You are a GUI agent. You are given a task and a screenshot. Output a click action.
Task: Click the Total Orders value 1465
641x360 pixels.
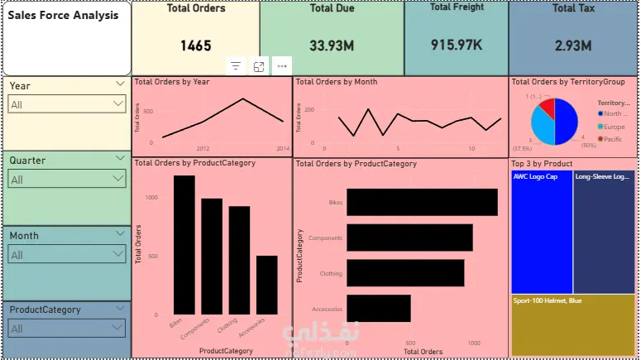point(196,46)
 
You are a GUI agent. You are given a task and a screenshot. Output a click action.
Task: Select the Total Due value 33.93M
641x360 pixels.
point(332,46)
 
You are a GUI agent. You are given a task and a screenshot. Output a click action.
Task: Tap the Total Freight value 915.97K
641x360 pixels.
point(457,44)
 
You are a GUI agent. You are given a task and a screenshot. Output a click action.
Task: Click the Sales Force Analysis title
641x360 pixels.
point(63,16)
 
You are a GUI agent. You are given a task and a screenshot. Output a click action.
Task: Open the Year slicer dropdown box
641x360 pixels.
point(66,104)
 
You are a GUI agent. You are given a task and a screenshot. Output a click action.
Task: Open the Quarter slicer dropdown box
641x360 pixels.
point(66,180)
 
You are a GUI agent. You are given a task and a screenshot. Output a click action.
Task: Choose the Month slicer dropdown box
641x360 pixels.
point(66,255)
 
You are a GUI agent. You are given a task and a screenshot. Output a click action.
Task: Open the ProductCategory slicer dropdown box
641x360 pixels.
point(66,329)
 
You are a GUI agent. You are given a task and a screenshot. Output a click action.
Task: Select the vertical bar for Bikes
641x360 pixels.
point(184,245)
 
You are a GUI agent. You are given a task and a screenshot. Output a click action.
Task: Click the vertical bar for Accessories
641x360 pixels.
point(266,285)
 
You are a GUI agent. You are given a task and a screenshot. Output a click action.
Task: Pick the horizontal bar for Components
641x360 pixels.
point(409,238)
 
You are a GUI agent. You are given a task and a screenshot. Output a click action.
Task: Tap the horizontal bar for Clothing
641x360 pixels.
point(405,273)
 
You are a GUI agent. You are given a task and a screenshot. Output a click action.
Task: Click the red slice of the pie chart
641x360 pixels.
point(546,109)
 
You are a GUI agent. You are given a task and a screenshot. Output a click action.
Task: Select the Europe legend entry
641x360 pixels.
point(614,127)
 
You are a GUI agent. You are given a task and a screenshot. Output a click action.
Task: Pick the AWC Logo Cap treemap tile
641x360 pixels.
point(541,232)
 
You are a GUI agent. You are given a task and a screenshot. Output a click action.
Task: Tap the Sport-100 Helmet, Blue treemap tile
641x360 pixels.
point(573,325)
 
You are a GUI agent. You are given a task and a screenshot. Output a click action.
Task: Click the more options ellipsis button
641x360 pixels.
point(283,66)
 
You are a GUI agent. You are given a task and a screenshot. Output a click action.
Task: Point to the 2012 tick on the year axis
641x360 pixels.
point(203,148)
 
